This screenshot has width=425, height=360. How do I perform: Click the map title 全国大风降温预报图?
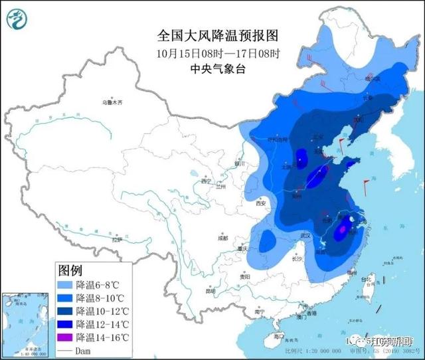point(209,34)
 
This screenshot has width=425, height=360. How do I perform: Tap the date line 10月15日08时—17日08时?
point(209,52)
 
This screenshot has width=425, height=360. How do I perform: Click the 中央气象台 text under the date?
point(209,68)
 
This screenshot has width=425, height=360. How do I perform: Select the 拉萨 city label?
point(117,240)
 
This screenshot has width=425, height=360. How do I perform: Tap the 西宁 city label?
point(205,181)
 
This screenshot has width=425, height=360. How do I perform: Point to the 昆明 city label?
point(211,290)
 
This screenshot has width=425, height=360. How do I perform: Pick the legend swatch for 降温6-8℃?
point(64,285)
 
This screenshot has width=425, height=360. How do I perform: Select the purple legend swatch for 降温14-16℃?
point(64,338)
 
